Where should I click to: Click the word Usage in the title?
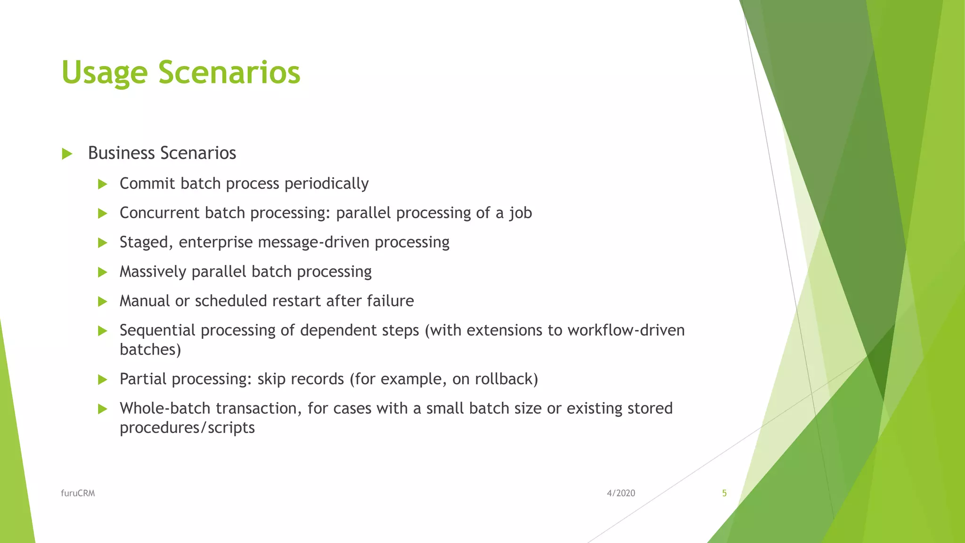(x=104, y=74)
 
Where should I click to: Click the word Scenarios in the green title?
(x=229, y=73)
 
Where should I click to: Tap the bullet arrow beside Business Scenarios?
(x=67, y=154)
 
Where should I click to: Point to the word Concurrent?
(x=160, y=213)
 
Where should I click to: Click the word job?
(x=520, y=214)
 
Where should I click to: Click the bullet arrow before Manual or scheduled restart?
(x=103, y=302)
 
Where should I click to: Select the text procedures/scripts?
(x=187, y=428)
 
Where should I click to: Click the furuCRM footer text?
(x=78, y=494)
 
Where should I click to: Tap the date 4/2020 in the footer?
(x=621, y=494)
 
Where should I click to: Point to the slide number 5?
(x=724, y=494)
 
